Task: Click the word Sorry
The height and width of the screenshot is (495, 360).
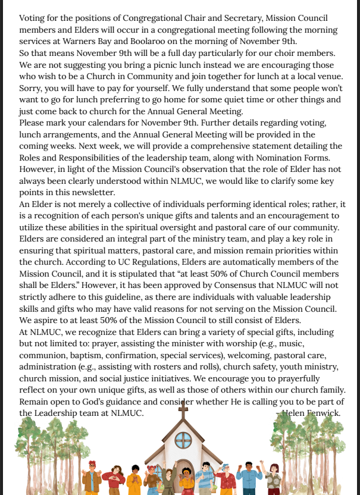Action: tap(32, 88)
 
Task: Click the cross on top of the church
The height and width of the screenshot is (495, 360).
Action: tap(183, 409)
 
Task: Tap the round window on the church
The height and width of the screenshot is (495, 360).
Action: tap(183, 440)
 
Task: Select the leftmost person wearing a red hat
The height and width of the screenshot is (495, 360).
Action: tap(91, 476)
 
